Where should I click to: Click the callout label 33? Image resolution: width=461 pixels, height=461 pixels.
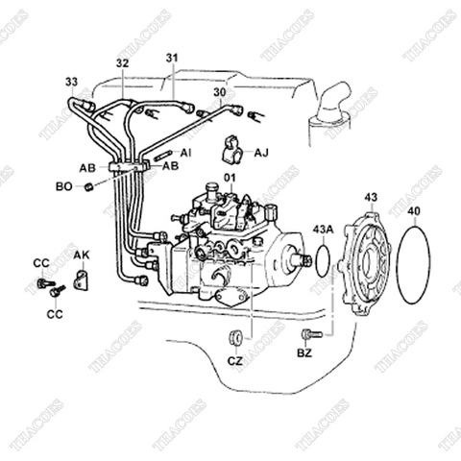pos(72,81)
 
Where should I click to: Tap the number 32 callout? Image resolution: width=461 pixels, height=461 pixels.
pos(122,63)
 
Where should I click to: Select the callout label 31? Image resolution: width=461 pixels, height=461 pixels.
pos(172,57)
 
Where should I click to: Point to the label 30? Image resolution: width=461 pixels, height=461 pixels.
pos(220,92)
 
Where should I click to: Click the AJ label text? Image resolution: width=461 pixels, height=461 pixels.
pos(262,151)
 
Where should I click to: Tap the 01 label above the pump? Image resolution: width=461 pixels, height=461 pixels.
pos(230,179)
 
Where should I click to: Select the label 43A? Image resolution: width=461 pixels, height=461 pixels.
pos(323,230)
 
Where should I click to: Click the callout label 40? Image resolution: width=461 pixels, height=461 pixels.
pos(413,209)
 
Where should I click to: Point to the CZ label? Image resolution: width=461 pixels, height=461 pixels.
pos(235,362)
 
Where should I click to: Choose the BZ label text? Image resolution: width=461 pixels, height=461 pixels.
pos(304,354)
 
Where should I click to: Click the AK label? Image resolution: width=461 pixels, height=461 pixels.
pos(82,255)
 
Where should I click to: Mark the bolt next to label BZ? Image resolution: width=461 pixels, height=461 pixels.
pos(307,335)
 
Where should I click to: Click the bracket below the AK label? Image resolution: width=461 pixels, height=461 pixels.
pos(82,281)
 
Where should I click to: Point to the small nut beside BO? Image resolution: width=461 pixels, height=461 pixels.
pos(88,184)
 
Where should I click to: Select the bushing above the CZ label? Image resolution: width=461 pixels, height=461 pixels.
pos(233,337)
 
